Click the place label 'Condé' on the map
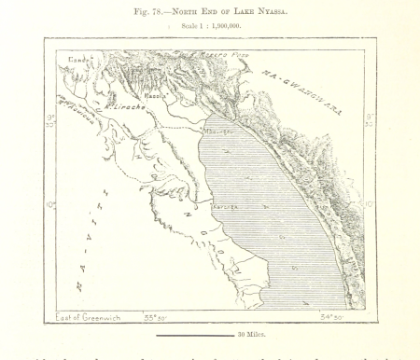[77, 60]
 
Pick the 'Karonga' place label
[227, 205]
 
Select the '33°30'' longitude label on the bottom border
[158, 317]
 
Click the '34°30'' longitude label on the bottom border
[333, 317]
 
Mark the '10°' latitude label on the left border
[50, 205]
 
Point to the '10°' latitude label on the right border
[370, 203]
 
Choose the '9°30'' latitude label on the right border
[370, 120]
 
